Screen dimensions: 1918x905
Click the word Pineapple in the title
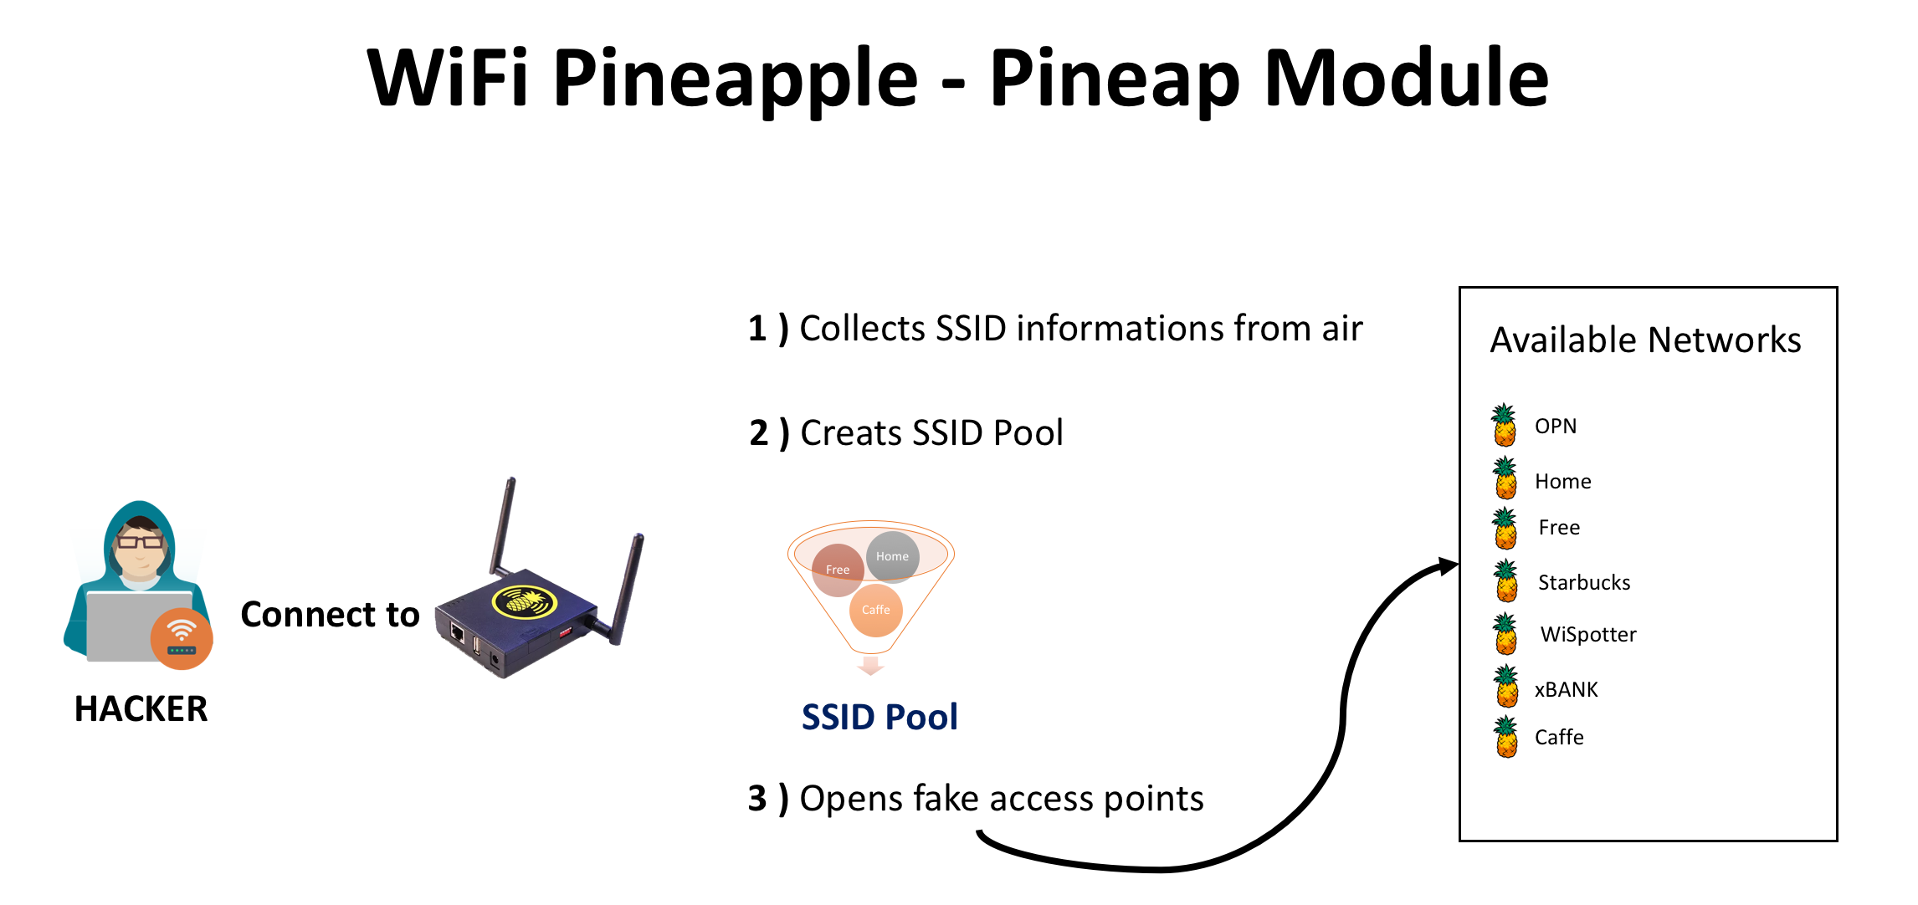pos(736,79)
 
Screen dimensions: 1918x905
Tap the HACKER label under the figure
pos(141,709)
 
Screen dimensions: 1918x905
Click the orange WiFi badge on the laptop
pos(182,639)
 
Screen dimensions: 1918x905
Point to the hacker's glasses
pos(140,542)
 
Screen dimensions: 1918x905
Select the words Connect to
pos(330,615)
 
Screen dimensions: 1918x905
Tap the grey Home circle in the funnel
pos(893,556)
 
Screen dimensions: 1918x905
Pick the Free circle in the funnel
pos(838,570)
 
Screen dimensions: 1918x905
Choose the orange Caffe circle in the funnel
pos(876,610)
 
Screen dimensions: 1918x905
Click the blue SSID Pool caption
pos(880,718)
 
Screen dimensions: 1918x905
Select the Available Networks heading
pos(1645,340)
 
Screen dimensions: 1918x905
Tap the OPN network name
pos(1556,427)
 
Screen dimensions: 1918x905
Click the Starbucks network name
pos(1584,582)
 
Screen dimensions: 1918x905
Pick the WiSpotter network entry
pos(1588,635)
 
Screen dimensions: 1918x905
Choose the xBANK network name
pos(1567,690)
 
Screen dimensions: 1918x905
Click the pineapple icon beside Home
pos(1505,478)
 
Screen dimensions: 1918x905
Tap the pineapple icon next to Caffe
pos(1507,736)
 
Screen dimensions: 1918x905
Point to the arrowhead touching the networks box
pos(1449,566)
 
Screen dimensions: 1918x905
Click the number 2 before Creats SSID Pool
pos(759,433)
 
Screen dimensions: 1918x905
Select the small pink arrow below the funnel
pos(871,666)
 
